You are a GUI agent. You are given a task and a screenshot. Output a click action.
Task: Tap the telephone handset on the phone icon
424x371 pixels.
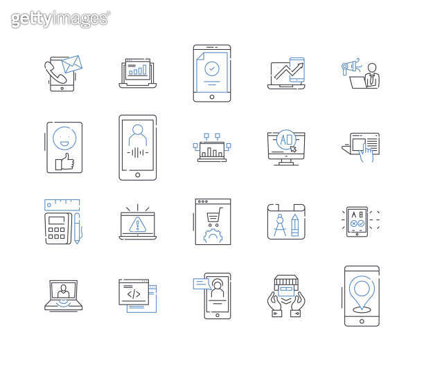pos(55,73)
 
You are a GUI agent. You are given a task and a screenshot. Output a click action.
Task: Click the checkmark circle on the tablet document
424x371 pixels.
pos(212,69)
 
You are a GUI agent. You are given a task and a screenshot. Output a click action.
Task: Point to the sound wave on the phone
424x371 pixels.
pos(137,153)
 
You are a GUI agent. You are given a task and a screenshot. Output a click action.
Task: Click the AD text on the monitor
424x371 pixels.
pos(285,139)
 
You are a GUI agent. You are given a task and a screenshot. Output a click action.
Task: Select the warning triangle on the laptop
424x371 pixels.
pos(137,223)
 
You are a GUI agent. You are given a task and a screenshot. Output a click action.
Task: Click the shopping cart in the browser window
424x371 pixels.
pos(213,216)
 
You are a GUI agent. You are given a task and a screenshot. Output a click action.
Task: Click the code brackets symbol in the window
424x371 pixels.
pos(133,293)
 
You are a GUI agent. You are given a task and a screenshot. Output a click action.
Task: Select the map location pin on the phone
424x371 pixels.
pos(362,289)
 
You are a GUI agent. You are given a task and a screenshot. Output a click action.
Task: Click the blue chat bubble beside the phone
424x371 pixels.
pos(201,282)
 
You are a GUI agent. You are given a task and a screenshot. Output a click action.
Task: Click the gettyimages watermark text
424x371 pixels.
pos(60,19)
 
